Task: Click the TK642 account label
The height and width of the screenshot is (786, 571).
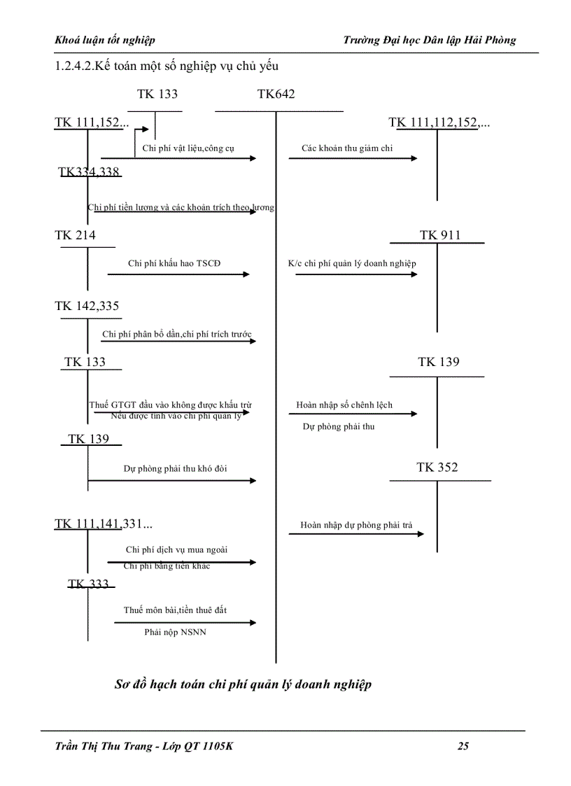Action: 276,94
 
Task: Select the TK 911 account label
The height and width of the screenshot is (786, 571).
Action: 440,235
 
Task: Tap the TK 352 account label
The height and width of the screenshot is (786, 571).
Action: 437,468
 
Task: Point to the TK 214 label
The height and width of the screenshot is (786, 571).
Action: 75,235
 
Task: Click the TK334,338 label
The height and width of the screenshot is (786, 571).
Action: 89,172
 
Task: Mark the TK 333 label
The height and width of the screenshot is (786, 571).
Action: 88,584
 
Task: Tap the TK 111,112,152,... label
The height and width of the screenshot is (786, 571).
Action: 439,123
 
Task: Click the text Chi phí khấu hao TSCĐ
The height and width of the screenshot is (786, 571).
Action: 178,264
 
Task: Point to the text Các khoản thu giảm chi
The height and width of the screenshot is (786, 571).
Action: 347,148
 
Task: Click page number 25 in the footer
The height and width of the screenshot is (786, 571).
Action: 463,746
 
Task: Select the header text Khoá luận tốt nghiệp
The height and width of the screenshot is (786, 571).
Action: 105,40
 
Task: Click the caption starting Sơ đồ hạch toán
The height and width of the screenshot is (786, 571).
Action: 243,685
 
